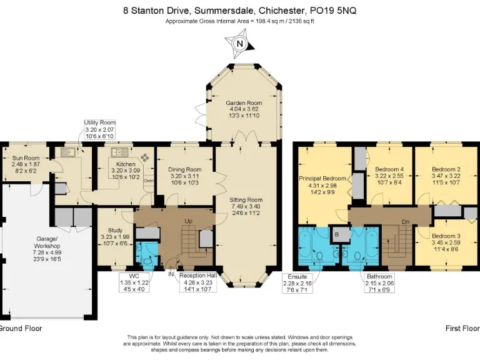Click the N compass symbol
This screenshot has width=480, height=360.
(x=240, y=44)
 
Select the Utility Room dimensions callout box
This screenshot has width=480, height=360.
(x=100, y=129)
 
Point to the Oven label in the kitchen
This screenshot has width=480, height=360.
(x=149, y=181)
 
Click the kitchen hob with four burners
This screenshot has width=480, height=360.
(x=144, y=157)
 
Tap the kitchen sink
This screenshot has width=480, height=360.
(x=120, y=152)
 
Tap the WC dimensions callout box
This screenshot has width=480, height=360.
(x=134, y=282)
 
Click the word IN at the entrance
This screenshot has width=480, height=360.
(x=171, y=274)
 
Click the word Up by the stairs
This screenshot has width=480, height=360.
(x=189, y=221)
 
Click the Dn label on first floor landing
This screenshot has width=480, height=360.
(x=406, y=222)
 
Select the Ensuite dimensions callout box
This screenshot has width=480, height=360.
(x=297, y=283)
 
